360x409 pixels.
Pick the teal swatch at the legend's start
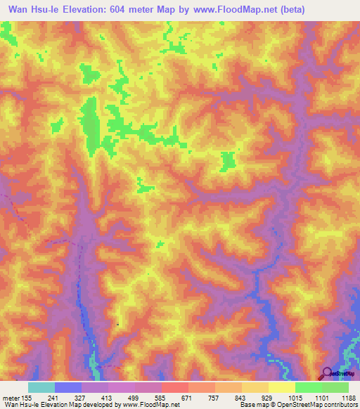[41, 387]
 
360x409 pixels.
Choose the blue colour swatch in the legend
[68, 387]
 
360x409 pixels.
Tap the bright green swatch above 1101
[308, 387]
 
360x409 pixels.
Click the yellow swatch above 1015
[281, 387]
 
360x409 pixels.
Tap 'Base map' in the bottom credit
[254, 405]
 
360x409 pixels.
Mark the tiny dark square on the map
[117, 325]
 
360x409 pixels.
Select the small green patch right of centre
[228, 161]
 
